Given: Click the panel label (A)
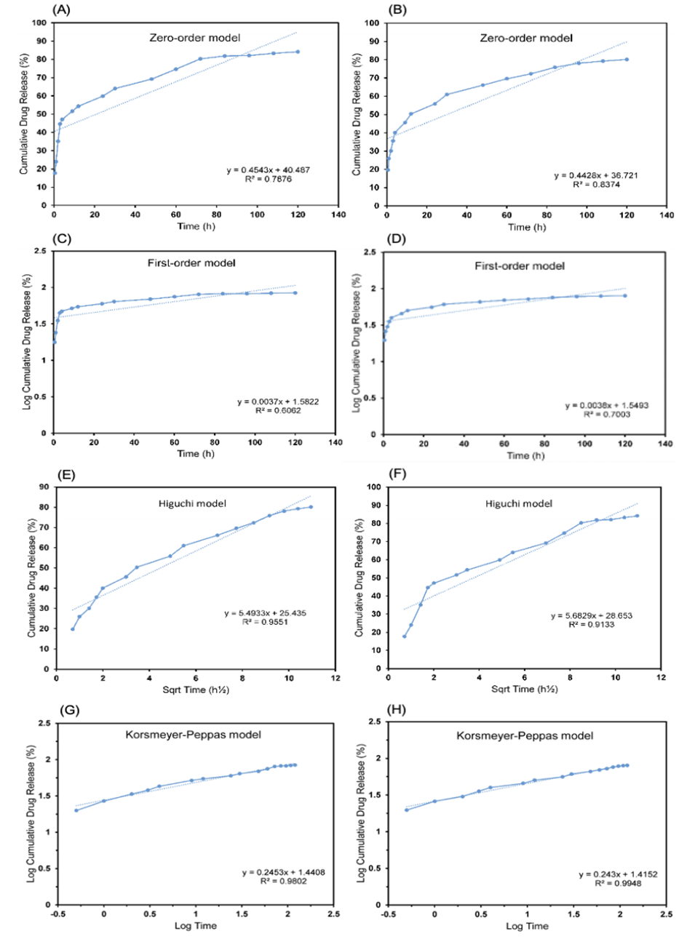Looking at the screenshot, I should click(x=62, y=9).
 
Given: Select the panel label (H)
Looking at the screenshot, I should click(x=397, y=709).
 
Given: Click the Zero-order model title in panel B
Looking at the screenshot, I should click(x=525, y=38).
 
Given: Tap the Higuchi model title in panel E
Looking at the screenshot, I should click(x=192, y=503).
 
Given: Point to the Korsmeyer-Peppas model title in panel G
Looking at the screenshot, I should click(x=193, y=735).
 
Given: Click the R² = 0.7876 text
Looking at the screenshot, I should click(x=268, y=179).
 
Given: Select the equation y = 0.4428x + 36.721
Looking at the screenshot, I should click(x=596, y=175).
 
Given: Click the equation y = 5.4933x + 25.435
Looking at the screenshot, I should click(x=265, y=613).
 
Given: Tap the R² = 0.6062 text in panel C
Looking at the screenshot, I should click(x=278, y=411).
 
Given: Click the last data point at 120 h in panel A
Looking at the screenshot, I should click(x=298, y=52).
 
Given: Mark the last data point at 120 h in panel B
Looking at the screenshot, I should click(x=627, y=60).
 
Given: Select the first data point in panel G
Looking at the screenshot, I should click(x=76, y=810).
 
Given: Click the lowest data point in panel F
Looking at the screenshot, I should click(x=405, y=636).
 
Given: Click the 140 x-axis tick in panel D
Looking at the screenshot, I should click(x=665, y=444).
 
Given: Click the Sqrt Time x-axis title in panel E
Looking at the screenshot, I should click(x=195, y=690).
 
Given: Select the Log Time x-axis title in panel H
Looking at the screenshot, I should click(x=527, y=926).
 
